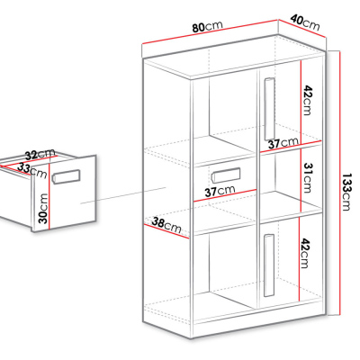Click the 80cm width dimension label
[207, 26]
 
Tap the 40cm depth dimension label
[305, 22]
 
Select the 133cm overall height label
[347, 193]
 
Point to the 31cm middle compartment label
[308, 177]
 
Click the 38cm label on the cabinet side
[166, 225]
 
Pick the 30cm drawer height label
[43, 208]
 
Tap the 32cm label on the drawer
[40, 154]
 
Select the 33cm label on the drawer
[32, 170]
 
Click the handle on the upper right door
[269, 109]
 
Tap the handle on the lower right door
[269, 265]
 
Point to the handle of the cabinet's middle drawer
[226, 175]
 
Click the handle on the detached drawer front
[67, 176]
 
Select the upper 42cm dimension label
[308, 100]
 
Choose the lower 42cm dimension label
[306, 253]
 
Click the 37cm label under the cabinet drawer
[220, 191]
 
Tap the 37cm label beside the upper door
[283, 143]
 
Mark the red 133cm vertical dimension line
[340, 183]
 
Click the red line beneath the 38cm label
[166, 231]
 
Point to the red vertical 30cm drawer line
[49, 196]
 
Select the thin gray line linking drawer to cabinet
[123, 195]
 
